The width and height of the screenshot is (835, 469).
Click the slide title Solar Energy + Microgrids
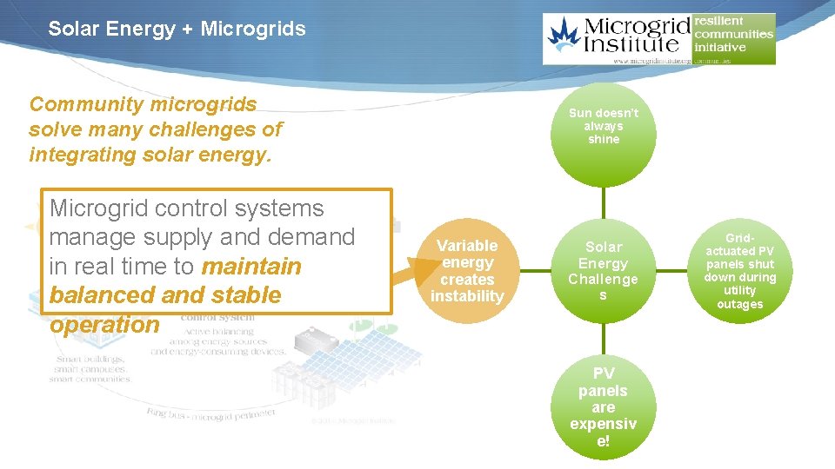coord(177,29)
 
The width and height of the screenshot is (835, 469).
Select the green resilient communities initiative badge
coord(733,35)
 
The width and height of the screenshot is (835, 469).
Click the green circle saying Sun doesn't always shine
coord(603,127)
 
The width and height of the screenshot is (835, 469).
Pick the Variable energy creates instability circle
coord(467,271)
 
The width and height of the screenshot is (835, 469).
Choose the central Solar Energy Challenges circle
coord(603,271)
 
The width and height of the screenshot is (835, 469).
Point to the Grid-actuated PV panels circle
coord(739,271)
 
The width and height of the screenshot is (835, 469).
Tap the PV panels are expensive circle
coord(603,407)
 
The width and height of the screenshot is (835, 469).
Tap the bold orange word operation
coord(104,325)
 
